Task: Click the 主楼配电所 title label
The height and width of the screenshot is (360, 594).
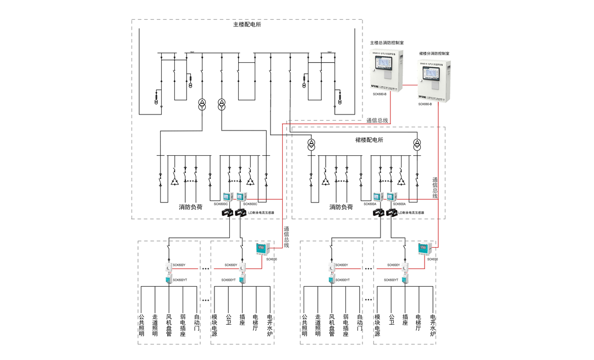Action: point(247,25)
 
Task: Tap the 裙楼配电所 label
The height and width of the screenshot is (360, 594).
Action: point(369,140)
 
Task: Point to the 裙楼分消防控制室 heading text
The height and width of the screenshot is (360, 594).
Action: point(434,53)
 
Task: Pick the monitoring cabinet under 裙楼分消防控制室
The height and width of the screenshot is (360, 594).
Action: point(434,81)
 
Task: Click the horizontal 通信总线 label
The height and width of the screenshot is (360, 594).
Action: point(377,120)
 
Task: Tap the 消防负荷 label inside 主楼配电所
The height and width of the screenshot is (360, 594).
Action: point(190,208)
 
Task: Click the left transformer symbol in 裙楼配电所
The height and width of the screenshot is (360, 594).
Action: point(311,144)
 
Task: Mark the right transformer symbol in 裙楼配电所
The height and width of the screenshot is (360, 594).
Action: point(417,144)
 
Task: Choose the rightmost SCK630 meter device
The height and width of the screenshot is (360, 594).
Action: point(424,248)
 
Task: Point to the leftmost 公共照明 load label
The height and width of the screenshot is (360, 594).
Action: point(141,325)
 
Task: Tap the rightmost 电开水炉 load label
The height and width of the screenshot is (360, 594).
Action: point(433,325)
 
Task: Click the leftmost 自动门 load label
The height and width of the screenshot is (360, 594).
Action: point(197,322)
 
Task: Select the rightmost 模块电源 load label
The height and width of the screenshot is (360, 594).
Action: point(377,325)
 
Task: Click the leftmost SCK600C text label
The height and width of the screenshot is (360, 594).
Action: point(221,204)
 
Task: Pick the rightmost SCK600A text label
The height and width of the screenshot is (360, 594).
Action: point(399,204)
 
